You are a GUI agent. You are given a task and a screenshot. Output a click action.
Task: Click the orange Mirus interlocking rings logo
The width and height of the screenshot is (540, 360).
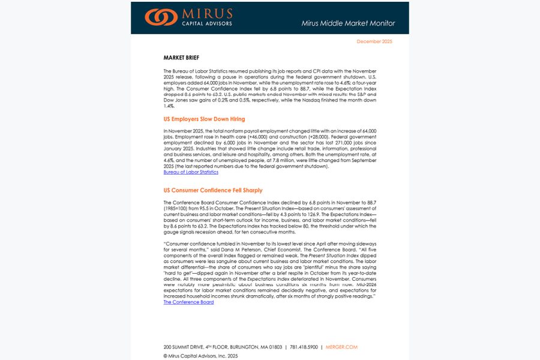point(161,17)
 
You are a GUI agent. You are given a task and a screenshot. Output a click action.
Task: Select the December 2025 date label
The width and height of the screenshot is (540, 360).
point(374,41)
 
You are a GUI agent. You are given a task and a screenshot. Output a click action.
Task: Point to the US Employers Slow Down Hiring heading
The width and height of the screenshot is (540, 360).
point(204,119)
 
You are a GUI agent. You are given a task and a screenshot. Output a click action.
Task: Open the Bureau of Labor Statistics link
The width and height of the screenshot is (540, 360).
point(191,172)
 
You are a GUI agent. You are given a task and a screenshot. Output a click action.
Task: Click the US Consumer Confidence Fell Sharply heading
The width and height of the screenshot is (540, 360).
point(212,190)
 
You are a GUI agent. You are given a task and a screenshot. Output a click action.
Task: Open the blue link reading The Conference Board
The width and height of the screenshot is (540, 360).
point(188,302)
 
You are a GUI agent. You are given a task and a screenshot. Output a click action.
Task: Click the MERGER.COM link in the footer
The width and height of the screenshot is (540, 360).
point(341,347)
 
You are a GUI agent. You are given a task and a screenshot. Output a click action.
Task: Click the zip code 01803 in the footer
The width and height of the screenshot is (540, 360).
point(275,347)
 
